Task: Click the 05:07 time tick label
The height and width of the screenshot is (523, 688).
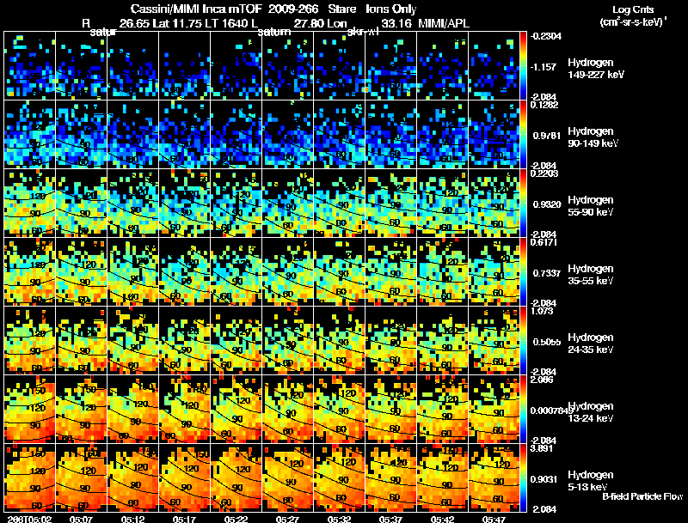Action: click(81, 519)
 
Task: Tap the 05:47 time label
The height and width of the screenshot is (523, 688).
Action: click(494, 519)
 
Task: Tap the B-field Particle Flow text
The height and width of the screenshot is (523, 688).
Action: click(642, 496)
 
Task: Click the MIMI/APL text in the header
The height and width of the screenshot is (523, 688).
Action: click(443, 22)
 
